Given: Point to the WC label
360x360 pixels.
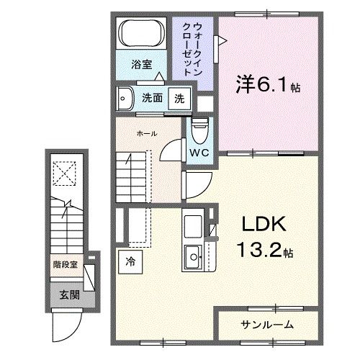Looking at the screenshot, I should pyautogui.click(x=200, y=153).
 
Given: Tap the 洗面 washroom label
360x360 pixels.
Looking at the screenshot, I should pyautogui.click(x=151, y=99).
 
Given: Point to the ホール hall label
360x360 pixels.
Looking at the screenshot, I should pyautogui.click(x=147, y=133).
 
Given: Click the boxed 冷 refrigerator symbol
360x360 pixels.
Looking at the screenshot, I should pyautogui.click(x=130, y=261).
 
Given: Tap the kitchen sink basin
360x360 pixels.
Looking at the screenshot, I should pyautogui.click(x=193, y=254).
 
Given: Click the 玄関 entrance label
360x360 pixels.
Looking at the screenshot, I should pyautogui.click(x=70, y=294).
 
